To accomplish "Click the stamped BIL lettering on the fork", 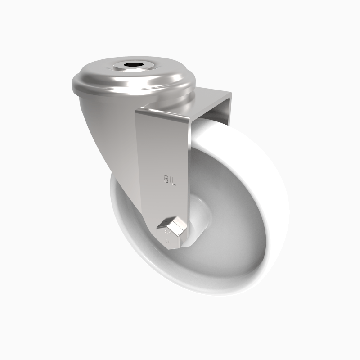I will click(x=168, y=181).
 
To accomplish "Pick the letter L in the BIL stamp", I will click(x=173, y=181).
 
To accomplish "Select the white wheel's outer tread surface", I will click(x=274, y=180).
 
